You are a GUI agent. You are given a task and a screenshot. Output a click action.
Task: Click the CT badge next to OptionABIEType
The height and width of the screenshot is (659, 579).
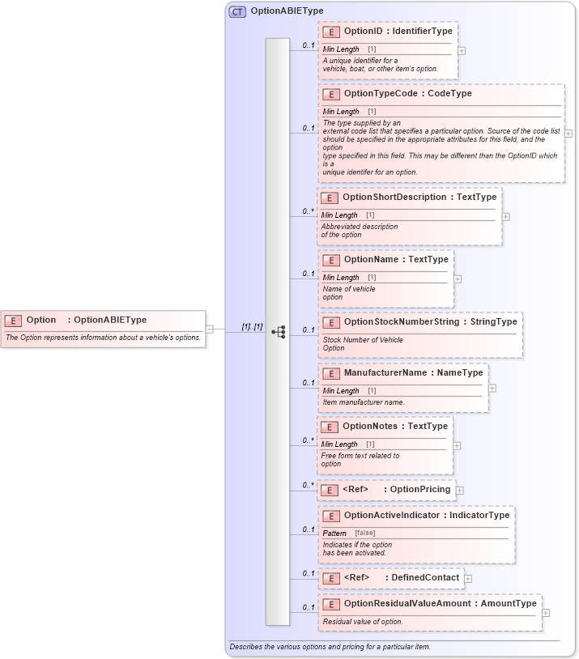coord(237,11)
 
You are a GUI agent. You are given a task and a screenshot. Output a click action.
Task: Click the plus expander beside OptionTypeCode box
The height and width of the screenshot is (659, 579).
coord(568,134)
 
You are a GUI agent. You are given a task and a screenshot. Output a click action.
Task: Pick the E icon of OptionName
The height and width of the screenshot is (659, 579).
coord(331,261)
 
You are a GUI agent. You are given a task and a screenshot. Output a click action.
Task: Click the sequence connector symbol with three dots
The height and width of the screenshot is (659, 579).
coord(278,332)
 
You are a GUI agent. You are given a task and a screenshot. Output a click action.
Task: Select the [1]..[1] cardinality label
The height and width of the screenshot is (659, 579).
coord(252,327)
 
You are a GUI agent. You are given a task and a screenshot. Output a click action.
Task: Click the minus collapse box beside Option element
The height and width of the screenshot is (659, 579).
coord(210,329)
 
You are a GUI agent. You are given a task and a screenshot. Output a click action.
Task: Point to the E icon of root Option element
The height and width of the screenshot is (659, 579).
coord(13,321)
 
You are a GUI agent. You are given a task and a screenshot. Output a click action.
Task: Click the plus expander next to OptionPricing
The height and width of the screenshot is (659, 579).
coord(460,490)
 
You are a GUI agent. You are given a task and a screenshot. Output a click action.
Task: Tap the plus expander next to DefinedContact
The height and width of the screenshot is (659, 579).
coord(468,578)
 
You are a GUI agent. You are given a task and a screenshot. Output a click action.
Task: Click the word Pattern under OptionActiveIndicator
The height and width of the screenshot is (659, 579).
coord(334,534)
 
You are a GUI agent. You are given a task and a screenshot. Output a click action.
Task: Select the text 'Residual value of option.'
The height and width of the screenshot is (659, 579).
coord(362,622)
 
